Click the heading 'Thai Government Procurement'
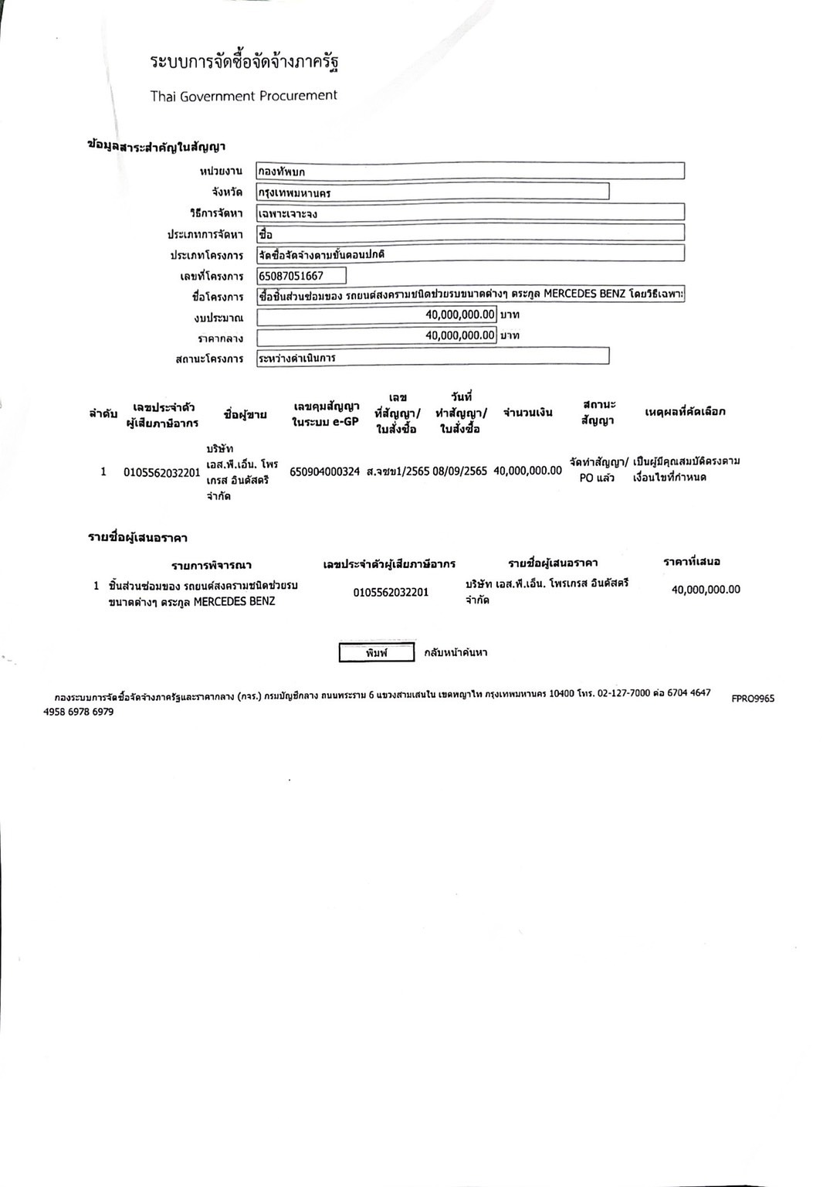coord(244,96)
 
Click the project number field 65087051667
coord(301,276)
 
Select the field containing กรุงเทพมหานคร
coord(432,192)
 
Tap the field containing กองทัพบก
coord(469,171)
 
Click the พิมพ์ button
coord(377,653)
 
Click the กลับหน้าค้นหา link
coord(456,653)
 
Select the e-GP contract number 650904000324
coord(325,471)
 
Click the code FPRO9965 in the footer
coord(753,699)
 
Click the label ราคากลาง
coord(220,338)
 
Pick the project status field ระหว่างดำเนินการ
coord(432,357)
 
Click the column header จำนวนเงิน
coord(528,413)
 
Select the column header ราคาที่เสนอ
coord(692,562)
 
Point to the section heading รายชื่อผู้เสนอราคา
coord(137,538)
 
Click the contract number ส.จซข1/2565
coord(398,471)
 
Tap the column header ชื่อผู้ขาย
coord(246,415)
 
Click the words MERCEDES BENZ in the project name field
coord(584,294)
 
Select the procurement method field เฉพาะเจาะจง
coord(469,213)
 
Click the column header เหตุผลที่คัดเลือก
coord(685,412)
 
